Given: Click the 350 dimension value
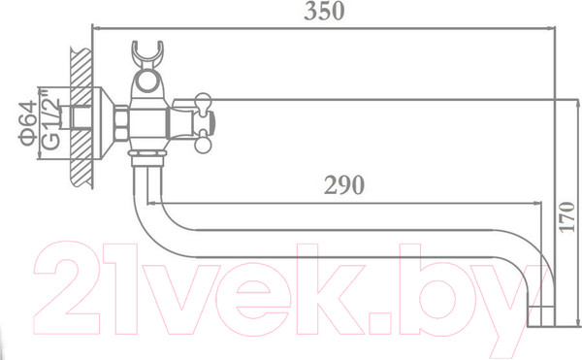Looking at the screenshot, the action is pyautogui.click(x=324, y=11).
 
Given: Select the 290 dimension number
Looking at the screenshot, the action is pyautogui.click(x=344, y=184).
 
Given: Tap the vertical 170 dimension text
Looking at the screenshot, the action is pyautogui.click(x=566, y=218).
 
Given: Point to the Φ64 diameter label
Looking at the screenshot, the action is pyautogui.click(x=28, y=123).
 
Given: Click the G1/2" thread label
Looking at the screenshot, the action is pyautogui.click(x=50, y=119).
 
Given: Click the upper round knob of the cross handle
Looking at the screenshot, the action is pyautogui.click(x=203, y=100).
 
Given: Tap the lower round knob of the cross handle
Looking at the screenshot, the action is pyautogui.click(x=203, y=145).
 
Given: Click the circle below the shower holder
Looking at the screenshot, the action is pyautogui.click(x=147, y=82).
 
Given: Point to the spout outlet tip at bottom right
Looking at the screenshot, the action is pyautogui.click(x=541, y=316).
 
